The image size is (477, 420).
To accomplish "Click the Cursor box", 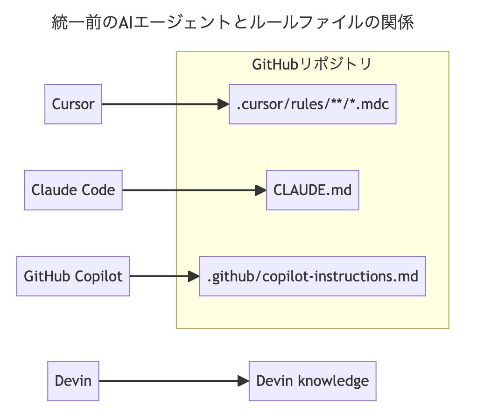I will [x=73, y=104].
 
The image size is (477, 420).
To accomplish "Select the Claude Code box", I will [x=73, y=190].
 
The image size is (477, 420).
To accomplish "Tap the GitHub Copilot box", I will [x=73, y=276].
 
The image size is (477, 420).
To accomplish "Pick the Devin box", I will [x=73, y=381].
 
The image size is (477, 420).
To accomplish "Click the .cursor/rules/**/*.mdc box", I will [x=312, y=104].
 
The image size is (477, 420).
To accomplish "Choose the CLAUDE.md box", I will [x=312, y=190].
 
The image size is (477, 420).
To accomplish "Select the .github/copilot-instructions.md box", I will [x=312, y=276].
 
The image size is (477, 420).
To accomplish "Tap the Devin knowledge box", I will [x=312, y=381].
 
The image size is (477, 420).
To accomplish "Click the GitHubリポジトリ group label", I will [x=312, y=64].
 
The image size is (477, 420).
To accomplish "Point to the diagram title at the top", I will [x=232, y=23].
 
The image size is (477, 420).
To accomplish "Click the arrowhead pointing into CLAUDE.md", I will [x=260, y=190].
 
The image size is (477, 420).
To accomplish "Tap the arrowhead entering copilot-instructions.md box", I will [x=194, y=276].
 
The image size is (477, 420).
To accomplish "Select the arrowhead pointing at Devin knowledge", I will [x=243, y=381].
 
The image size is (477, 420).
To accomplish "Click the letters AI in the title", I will [x=125, y=23].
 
